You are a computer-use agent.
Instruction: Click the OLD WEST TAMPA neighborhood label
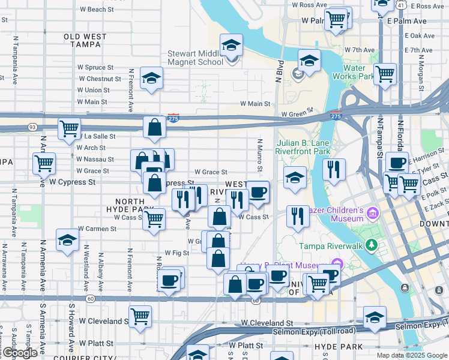pos(85,40)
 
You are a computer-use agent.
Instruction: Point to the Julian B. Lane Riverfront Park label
pos(303,148)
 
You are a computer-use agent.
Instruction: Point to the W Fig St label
pos(176,253)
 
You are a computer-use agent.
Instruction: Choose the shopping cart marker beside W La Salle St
pos(70,128)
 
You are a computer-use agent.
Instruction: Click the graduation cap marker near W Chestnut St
pos(151,77)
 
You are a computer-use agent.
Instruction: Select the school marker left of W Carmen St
pos(67,240)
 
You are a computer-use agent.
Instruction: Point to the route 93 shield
pos(32,127)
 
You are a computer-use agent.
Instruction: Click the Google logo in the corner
pos(19,353)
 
